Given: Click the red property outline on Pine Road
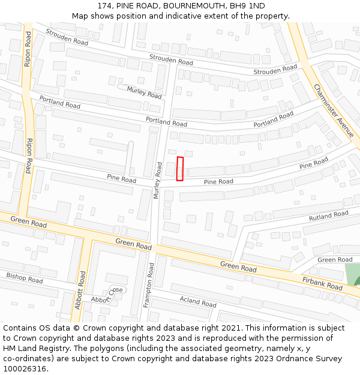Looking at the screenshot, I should pos(179,169).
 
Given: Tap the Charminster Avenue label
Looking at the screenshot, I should pos(334,110).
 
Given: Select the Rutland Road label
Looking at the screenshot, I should pos(328,215).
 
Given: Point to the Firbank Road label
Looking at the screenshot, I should pos(322,283).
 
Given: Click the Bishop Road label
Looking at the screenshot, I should pos(24,278).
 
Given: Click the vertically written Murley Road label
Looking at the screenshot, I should pos(158,179).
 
